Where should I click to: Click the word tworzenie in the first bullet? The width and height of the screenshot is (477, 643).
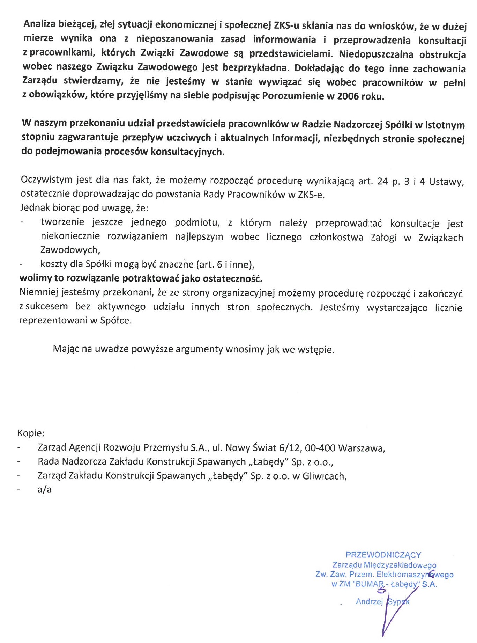[62, 222]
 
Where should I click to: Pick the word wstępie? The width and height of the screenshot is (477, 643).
[317, 350]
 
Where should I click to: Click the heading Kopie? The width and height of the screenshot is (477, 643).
[31, 433]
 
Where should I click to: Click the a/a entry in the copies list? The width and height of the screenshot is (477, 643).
[44, 490]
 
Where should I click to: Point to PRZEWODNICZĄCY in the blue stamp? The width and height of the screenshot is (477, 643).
[383, 555]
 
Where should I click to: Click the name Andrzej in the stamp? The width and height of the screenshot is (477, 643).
[369, 601]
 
